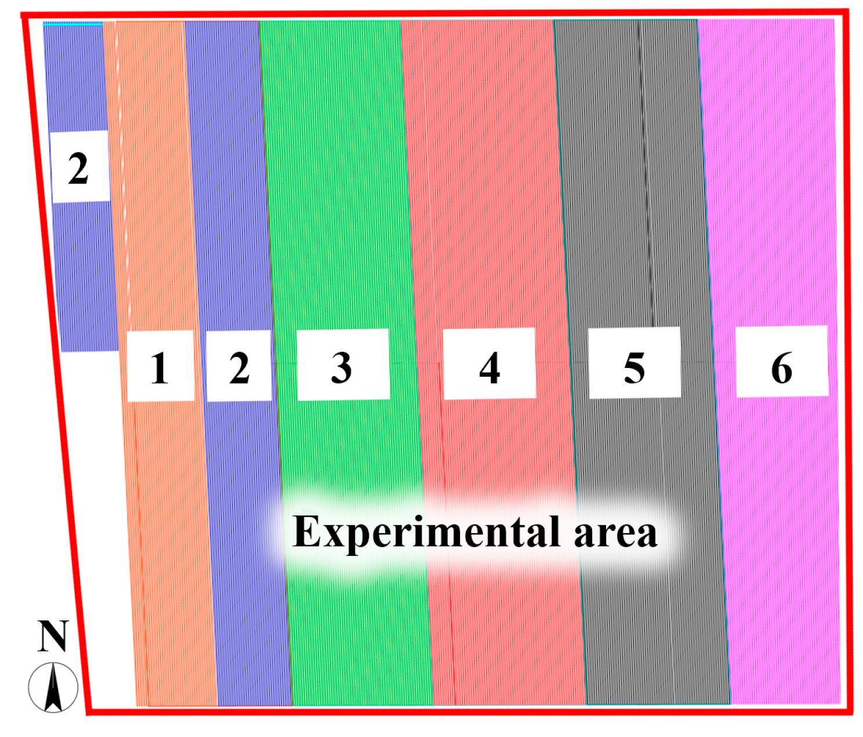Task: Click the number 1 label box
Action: pos(160,366)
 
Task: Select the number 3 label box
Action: pos(343,365)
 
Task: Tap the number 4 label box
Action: pos(489,364)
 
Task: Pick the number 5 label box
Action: pos(634,363)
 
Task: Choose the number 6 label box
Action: pos(782,362)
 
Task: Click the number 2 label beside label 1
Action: pos(239,366)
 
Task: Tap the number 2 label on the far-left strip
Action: pos(80,167)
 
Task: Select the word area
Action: pos(615,533)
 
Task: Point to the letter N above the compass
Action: pos(53,636)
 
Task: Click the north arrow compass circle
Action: pos(53,687)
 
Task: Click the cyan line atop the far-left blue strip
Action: pos(73,24)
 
